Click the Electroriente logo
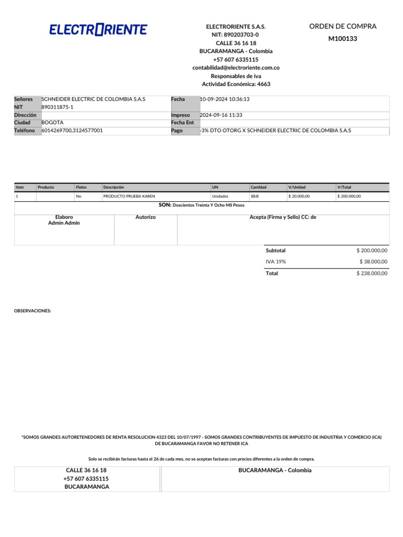click(x=98, y=30)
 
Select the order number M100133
click(x=343, y=38)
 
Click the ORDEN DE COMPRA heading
click(x=343, y=26)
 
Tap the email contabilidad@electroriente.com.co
click(x=236, y=68)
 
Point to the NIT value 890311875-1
click(x=57, y=107)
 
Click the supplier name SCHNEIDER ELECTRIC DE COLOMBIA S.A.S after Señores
click(x=93, y=99)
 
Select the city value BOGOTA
click(x=52, y=122)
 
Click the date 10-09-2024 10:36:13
click(x=225, y=99)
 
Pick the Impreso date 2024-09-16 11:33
click(x=221, y=115)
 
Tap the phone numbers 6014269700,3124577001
click(x=72, y=131)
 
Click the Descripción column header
click(x=113, y=187)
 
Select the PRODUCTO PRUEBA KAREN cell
click(x=129, y=197)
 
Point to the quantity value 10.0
click(x=254, y=197)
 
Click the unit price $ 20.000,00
click(x=299, y=197)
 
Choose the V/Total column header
click(x=344, y=187)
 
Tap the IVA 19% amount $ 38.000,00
click(x=373, y=262)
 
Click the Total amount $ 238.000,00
click(x=372, y=274)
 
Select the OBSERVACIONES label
click(x=33, y=311)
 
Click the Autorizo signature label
click(x=145, y=217)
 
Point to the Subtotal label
click(x=275, y=251)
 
